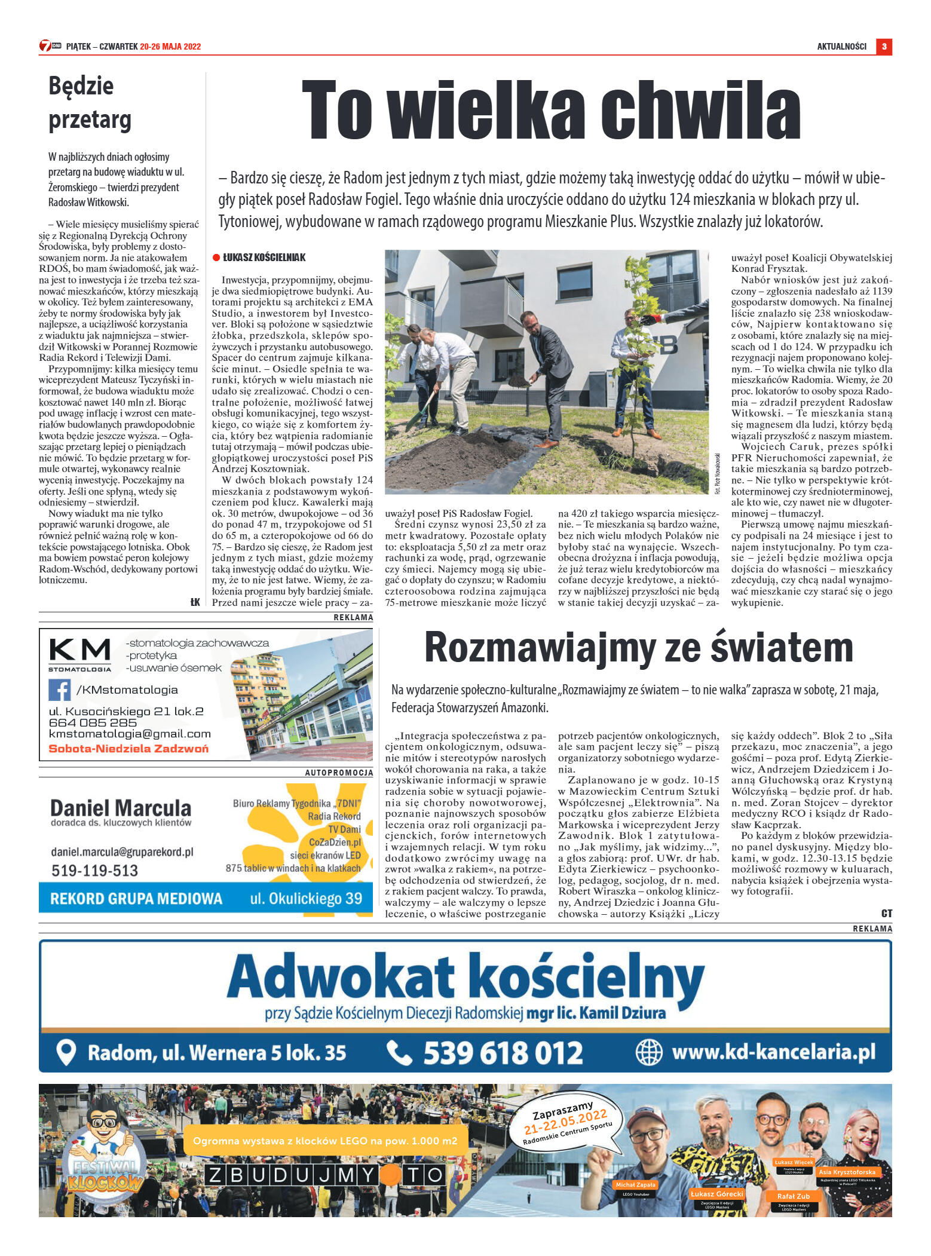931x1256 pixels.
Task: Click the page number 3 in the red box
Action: click(884, 47)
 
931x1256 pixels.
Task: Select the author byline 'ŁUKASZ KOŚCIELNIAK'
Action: click(264, 258)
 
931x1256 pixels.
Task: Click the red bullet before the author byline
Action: click(216, 258)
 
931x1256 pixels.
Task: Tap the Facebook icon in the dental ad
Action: click(59, 690)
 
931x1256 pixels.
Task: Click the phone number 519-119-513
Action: click(94, 871)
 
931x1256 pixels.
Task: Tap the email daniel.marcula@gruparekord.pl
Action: click(122, 852)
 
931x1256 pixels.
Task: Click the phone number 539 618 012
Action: click(503, 1052)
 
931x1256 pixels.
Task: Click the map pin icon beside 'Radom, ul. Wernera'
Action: click(66, 1052)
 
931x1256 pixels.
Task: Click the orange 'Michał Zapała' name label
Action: click(635, 1184)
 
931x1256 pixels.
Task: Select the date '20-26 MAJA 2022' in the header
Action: click(170, 47)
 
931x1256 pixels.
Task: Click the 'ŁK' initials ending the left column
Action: click(195, 602)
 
